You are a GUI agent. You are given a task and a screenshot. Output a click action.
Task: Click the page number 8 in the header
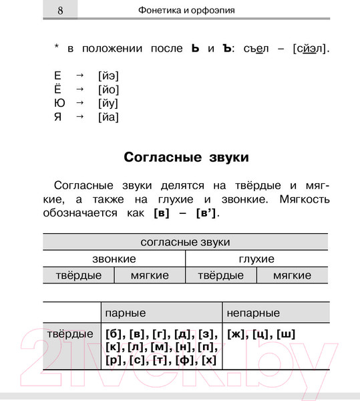coord(60,11)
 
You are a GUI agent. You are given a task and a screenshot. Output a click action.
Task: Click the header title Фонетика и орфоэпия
coord(186,11)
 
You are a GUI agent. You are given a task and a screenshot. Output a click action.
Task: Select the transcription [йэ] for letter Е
coord(108,76)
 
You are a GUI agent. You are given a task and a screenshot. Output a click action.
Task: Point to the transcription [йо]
coord(108,90)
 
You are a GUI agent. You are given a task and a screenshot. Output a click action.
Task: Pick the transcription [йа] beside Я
coord(108,118)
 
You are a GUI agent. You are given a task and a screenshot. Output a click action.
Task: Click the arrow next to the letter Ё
coord(80,90)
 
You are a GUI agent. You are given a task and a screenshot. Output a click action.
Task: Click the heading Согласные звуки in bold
coord(186,158)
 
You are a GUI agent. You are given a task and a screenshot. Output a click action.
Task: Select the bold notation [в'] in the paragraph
coord(207,214)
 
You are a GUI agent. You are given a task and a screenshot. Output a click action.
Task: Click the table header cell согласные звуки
coord(186,242)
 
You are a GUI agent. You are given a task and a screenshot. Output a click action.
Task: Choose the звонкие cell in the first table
coord(114,259)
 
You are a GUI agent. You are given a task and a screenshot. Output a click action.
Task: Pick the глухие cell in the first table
coord(256,259)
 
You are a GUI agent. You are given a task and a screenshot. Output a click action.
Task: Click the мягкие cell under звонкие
coord(150,275)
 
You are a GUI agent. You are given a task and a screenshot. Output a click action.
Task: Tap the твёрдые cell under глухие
coord(221,275)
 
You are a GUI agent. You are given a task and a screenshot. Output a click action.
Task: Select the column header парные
coord(126,313)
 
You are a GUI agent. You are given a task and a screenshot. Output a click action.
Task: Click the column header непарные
coord(254,313)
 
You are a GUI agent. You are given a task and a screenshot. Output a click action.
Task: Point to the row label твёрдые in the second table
coord(70,333)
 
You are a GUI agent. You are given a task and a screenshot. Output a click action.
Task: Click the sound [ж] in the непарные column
coord(237,333)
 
